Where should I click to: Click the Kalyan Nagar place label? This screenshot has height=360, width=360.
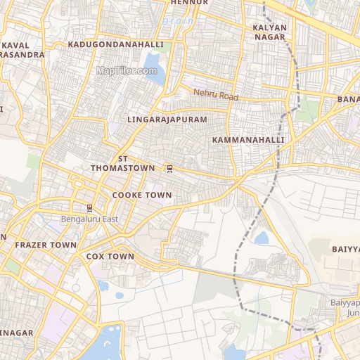270,32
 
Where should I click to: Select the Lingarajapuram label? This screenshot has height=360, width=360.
167,120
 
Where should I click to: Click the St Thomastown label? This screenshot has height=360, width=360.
122,164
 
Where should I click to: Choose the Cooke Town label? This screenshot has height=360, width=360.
142,195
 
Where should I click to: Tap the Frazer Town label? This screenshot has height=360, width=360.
46,245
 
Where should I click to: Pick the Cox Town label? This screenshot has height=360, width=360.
110,257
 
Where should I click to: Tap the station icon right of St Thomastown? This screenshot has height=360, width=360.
169,169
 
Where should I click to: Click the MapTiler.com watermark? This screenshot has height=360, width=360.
127,70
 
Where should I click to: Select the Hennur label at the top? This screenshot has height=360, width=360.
190,3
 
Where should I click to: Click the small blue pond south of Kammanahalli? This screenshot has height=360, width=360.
262,238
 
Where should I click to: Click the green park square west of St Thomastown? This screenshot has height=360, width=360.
33,161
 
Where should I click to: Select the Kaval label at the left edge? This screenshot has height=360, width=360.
20,45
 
